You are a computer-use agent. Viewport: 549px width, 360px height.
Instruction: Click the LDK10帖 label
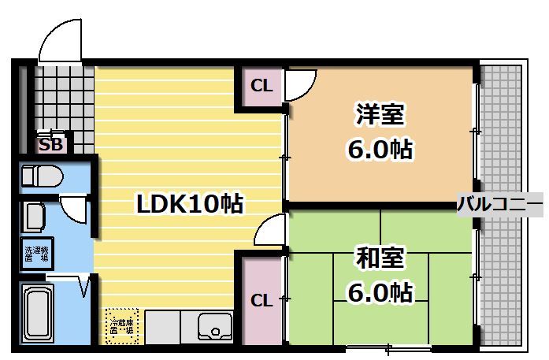[x=190, y=204]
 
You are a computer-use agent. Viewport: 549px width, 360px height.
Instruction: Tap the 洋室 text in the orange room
[x=380, y=115]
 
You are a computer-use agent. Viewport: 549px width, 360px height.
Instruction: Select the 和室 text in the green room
[x=380, y=258]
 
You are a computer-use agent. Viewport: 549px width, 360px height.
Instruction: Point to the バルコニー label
[x=499, y=205]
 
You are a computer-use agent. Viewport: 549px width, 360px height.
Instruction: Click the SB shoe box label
[x=51, y=145]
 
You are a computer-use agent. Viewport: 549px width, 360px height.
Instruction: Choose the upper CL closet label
[x=262, y=86]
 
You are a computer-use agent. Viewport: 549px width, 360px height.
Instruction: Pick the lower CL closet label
[x=262, y=300]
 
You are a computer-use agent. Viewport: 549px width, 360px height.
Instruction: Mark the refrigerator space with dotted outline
[x=122, y=324]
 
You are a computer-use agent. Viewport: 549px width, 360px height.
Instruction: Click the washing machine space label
[x=36, y=253]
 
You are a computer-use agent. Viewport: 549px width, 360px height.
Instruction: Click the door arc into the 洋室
[x=301, y=84]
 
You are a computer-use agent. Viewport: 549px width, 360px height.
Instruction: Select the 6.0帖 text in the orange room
[x=380, y=150]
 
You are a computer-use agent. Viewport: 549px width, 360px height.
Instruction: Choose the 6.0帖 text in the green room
[x=380, y=293]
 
